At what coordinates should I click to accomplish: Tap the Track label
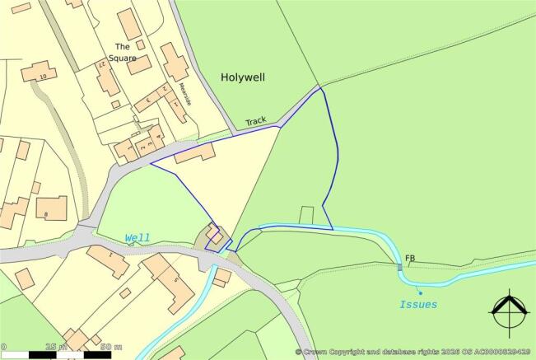click(x=256, y=121)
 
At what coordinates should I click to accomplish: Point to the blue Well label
click(x=137, y=238)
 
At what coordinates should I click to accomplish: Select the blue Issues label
click(x=417, y=304)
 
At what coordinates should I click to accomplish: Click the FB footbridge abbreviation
click(x=409, y=259)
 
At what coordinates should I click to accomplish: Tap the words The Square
click(x=125, y=52)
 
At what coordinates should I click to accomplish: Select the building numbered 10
click(x=37, y=73)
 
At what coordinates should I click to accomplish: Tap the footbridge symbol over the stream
click(x=399, y=265)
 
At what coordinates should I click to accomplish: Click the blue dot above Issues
click(x=419, y=291)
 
